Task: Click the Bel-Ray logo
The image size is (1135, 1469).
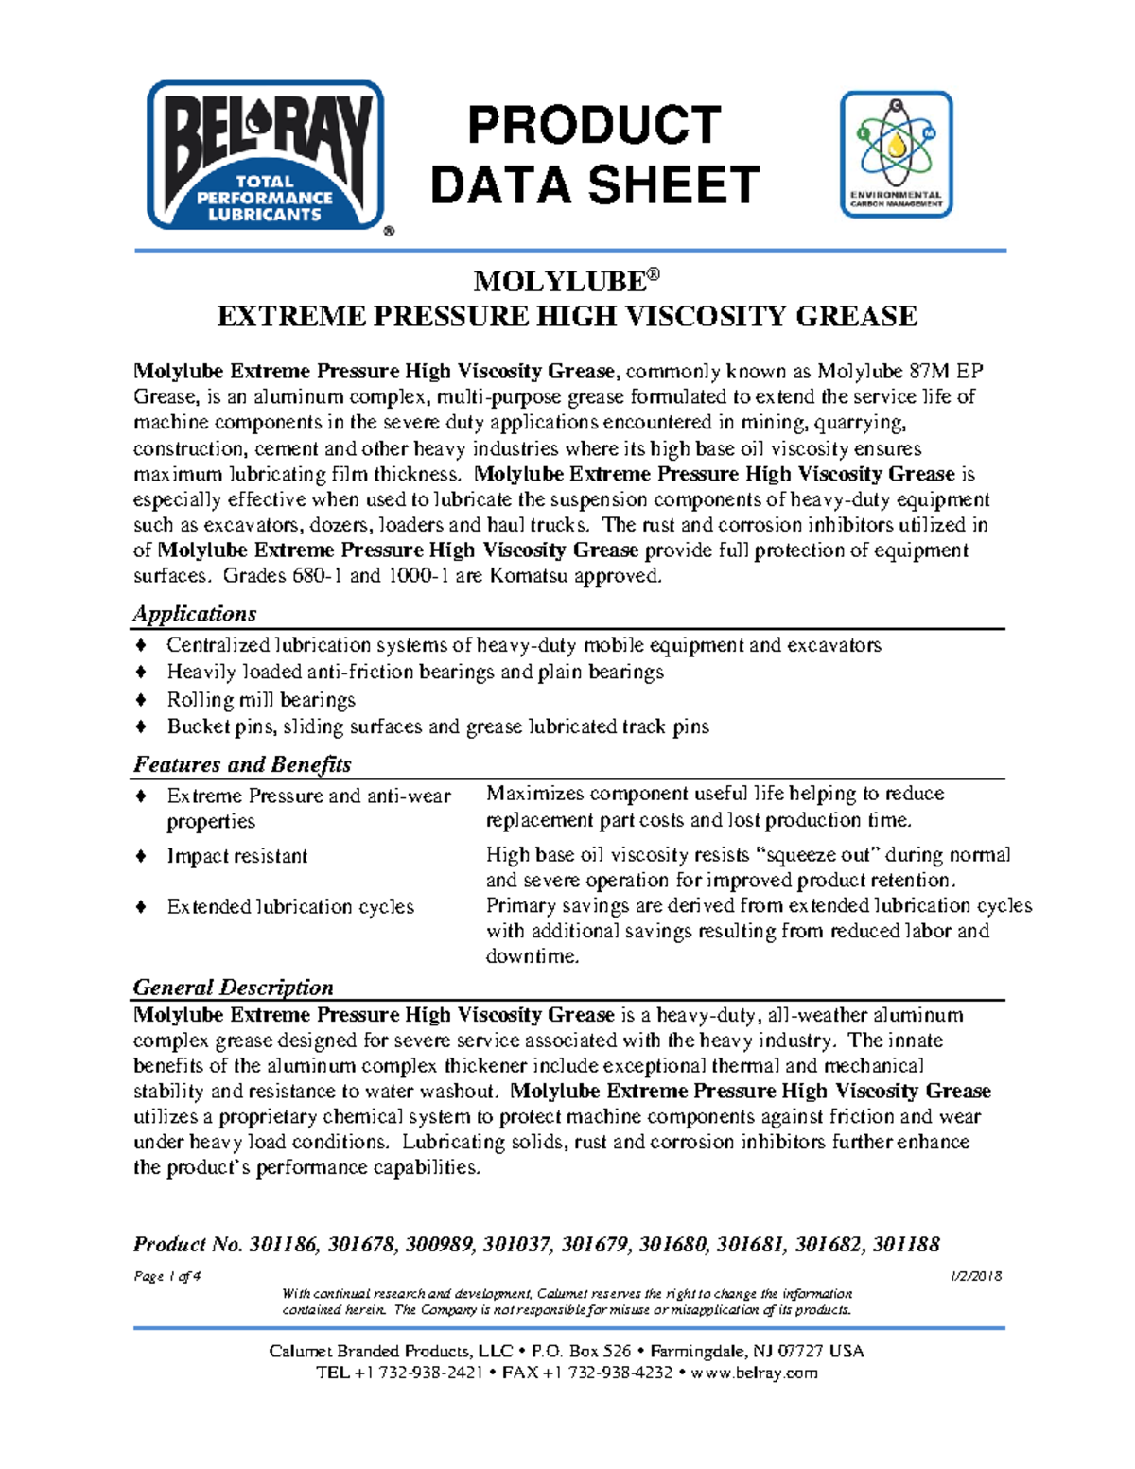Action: (266, 155)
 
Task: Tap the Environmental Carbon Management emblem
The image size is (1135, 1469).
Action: (896, 154)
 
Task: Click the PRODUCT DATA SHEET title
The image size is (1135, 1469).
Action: (594, 155)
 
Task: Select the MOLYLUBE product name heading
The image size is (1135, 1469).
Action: (566, 281)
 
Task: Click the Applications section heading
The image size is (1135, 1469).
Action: (195, 614)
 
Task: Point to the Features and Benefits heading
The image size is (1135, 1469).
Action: (242, 764)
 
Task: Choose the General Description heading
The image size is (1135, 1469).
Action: (234, 988)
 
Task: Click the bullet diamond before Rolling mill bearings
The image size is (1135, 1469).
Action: (141, 700)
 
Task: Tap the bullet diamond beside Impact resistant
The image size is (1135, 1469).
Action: (141, 856)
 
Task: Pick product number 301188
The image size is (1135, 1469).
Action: (906, 1245)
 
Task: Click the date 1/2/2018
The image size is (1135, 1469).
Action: (976, 1276)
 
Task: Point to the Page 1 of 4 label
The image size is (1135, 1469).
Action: (166, 1276)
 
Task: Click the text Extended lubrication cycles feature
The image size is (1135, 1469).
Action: (290, 907)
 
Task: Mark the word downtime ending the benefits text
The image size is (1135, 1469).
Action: (531, 956)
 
